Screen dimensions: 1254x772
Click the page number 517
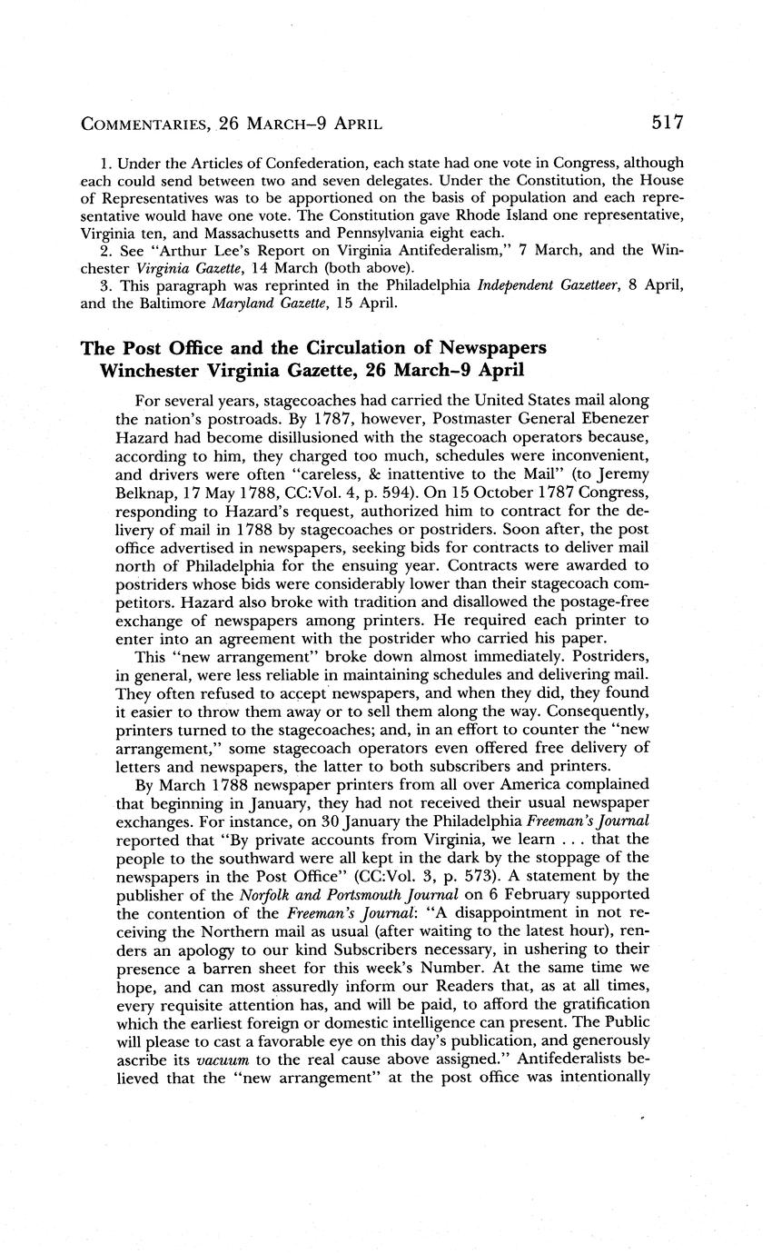(x=666, y=122)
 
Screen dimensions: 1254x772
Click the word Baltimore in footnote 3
(x=165, y=302)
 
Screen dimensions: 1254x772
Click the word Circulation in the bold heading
(x=351, y=347)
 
